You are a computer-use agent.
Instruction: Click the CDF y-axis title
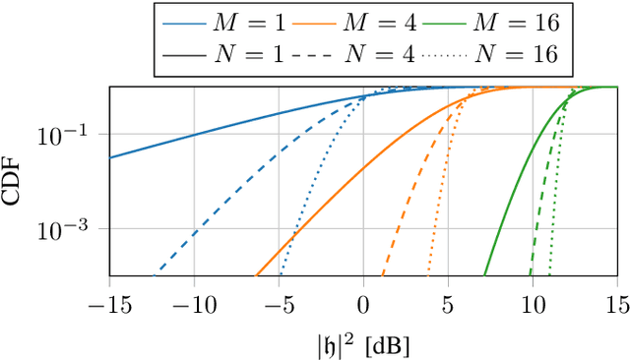coord(13,181)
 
